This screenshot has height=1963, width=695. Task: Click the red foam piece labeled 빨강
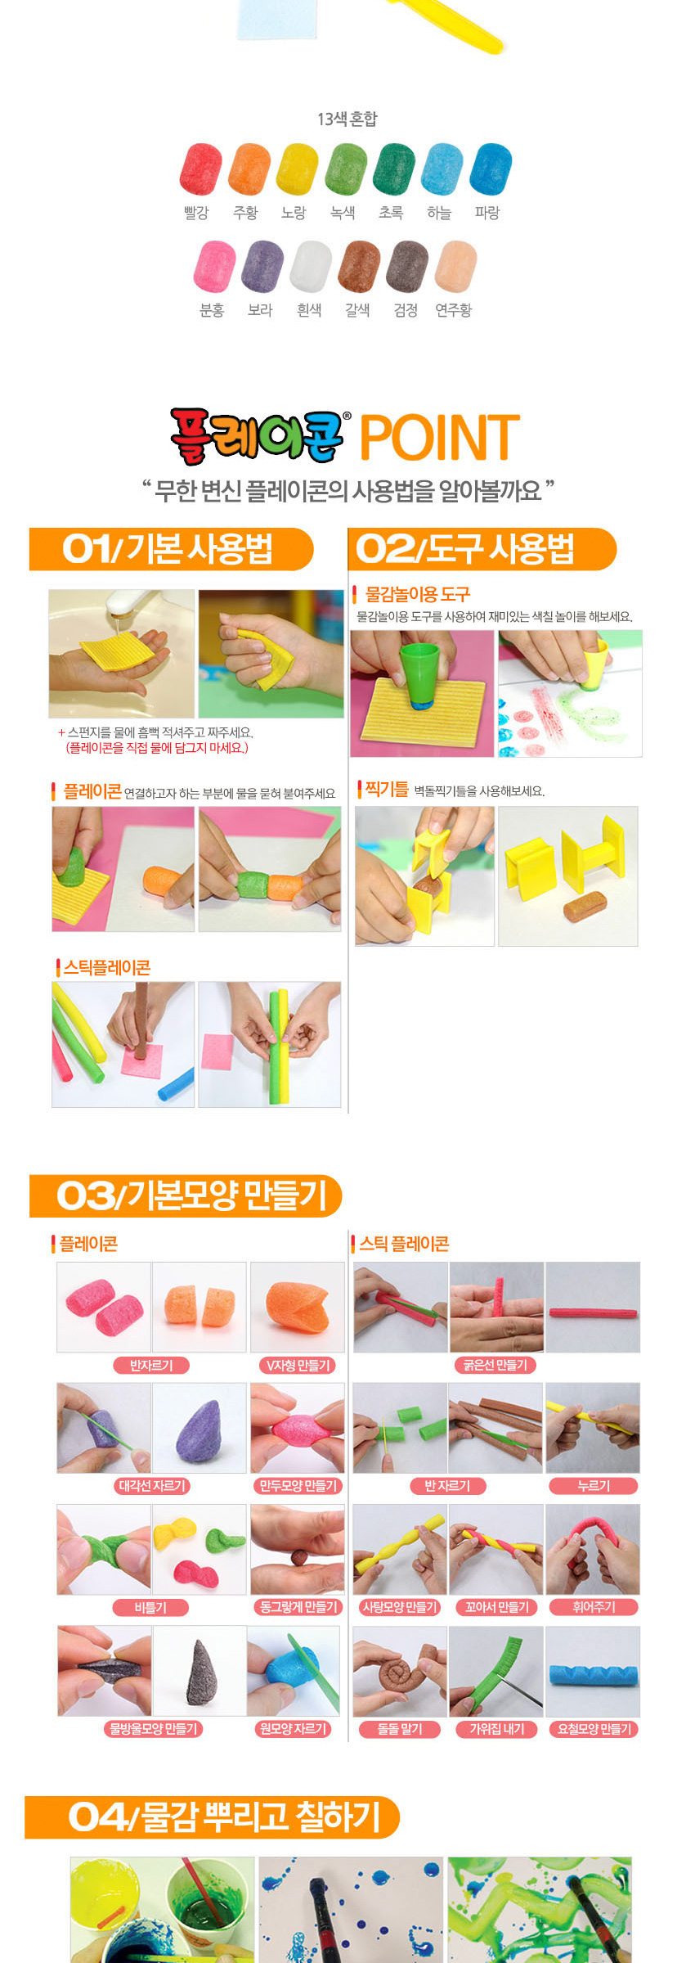click(200, 169)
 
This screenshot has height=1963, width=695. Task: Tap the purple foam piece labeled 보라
click(262, 266)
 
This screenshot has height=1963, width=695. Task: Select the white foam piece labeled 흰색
click(311, 266)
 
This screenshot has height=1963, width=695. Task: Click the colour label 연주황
click(454, 310)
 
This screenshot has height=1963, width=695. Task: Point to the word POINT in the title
click(440, 437)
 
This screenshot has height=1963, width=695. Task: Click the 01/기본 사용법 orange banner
click(171, 549)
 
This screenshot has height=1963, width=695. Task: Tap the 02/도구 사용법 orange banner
click(482, 549)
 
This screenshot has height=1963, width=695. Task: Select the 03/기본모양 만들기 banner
click(186, 1195)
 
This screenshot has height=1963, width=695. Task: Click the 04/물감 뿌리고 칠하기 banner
click(212, 1817)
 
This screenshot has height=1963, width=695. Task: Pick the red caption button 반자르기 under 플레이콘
click(151, 1365)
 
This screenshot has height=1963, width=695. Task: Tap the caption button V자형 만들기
click(298, 1365)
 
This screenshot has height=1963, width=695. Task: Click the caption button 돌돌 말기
click(400, 1729)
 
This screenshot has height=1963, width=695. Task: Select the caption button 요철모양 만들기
click(594, 1729)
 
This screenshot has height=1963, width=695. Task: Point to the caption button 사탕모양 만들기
click(400, 1607)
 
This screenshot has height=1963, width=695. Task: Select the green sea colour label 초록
click(391, 213)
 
